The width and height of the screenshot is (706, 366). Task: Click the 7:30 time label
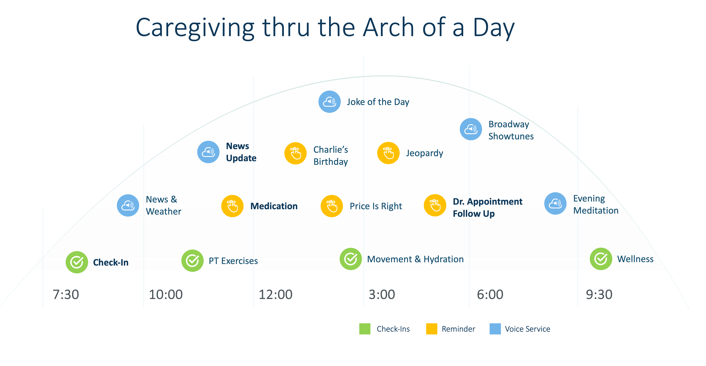(x=66, y=294)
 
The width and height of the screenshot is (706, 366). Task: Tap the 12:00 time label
(x=275, y=294)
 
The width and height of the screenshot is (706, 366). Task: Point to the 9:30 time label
(x=599, y=294)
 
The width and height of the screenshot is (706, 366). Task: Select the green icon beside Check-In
(x=77, y=262)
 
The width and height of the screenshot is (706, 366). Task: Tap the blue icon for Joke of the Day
(x=329, y=102)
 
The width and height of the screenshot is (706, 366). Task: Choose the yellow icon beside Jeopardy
(x=388, y=153)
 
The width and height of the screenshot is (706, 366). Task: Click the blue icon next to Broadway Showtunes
(x=471, y=129)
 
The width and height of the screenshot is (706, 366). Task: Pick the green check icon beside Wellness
(x=601, y=259)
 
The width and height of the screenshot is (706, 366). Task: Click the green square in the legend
(x=365, y=329)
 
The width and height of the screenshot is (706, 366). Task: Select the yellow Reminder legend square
(x=432, y=329)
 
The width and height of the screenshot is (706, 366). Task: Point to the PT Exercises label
(x=233, y=261)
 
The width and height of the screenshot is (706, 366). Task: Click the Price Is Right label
(x=376, y=206)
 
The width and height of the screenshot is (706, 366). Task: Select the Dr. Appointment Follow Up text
(x=487, y=207)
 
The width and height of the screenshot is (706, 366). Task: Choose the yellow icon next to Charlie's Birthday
(x=295, y=153)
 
